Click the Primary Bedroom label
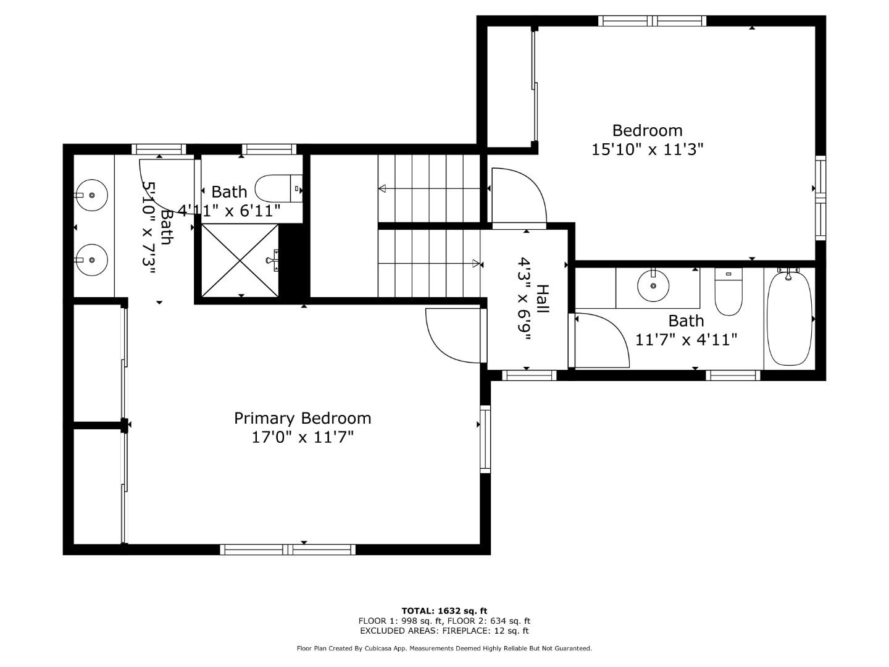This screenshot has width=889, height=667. point(303,418)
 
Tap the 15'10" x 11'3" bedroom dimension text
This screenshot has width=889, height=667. point(647,149)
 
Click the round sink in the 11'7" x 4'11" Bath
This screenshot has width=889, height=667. point(653,285)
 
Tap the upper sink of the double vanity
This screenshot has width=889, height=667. point(91,195)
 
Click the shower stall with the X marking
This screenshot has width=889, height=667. point(240,260)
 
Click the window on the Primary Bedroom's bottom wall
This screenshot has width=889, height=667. point(288,549)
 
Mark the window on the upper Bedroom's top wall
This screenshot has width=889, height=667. point(652,21)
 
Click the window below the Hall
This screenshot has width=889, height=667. point(528,375)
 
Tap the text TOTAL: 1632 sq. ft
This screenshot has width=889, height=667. point(444,611)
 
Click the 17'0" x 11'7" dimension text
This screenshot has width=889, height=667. point(303,437)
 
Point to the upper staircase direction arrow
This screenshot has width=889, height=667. point(432,188)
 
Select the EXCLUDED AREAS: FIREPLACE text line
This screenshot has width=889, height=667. point(444,631)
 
